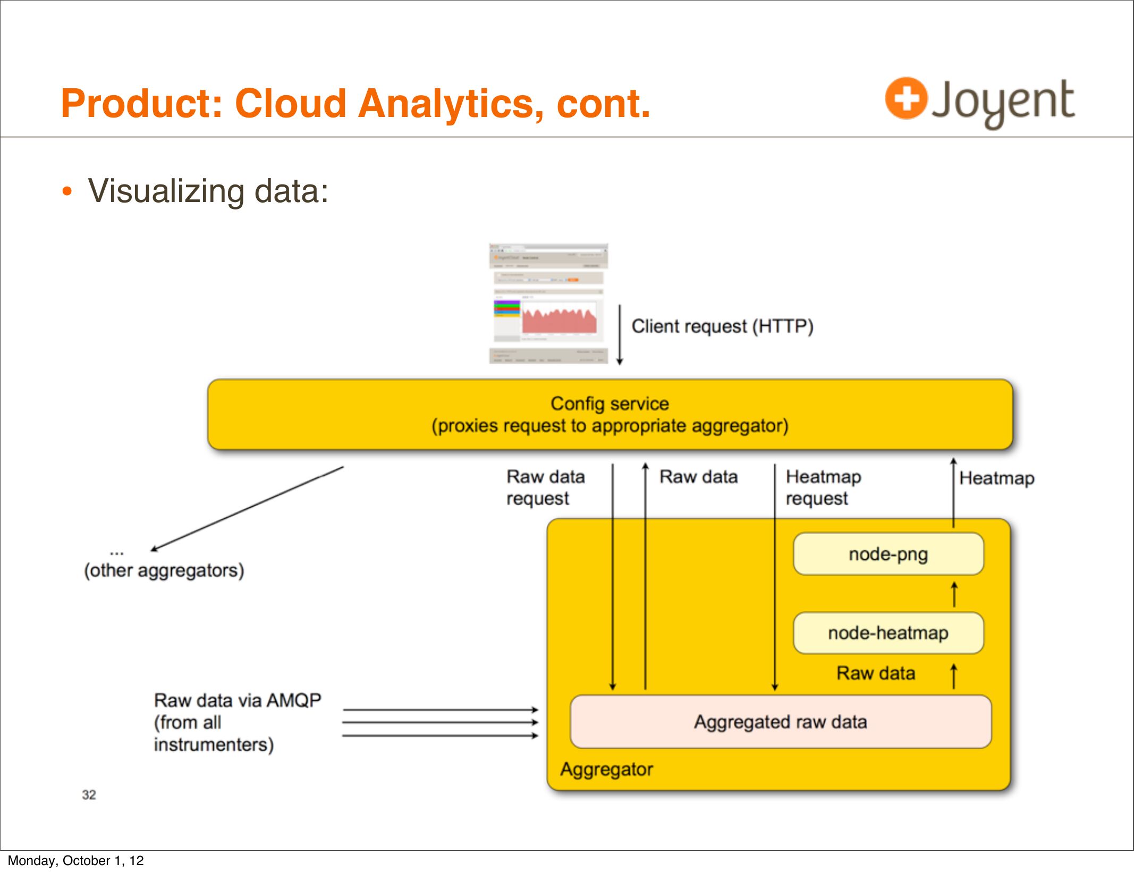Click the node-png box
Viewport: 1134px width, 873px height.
[888, 554]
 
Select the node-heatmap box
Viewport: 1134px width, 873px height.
[888, 633]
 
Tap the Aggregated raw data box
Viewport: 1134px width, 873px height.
[780, 721]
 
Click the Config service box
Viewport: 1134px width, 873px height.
[610, 414]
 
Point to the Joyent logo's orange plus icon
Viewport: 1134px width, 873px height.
[906, 98]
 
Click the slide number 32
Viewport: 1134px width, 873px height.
[89, 794]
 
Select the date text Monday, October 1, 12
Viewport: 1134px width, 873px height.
[75, 860]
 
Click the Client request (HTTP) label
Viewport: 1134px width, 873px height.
[722, 326]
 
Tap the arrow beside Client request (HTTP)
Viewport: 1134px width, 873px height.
[620, 335]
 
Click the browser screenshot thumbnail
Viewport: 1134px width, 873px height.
[548, 304]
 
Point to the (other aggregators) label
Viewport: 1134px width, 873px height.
[164, 570]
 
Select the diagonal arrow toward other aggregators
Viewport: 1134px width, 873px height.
[247, 508]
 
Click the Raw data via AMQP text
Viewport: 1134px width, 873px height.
[238, 721]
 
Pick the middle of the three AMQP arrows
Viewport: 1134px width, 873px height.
[440, 722]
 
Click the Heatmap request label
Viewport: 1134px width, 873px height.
[823, 487]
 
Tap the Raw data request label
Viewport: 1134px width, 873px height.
[545, 487]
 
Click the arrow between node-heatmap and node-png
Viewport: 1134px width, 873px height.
[954, 594]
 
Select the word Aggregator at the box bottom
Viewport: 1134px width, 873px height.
[606, 769]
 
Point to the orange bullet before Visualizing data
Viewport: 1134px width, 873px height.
[66, 191]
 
